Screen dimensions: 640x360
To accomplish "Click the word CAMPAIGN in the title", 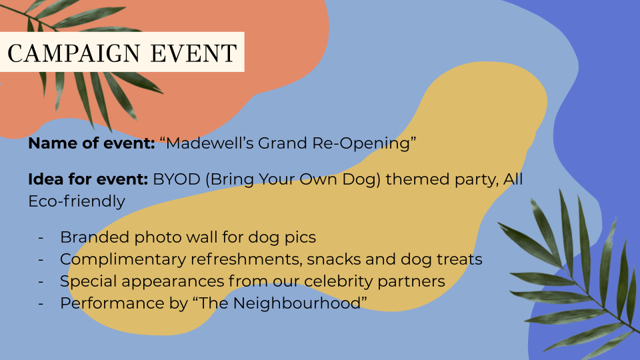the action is coord(74,53).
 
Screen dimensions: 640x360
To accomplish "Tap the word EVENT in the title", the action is coord(194,53).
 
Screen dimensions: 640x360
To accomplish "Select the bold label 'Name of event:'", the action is coord(91,143).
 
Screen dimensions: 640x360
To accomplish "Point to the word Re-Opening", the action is coord(361,144).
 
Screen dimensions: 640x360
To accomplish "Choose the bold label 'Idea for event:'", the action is coord(88,179).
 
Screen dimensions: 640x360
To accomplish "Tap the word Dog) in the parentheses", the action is coord(361,179).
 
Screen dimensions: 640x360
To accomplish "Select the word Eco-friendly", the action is coord(77,201).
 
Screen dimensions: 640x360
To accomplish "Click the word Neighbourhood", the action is coord(297,303).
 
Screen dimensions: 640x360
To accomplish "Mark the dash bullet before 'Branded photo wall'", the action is coord(41,237).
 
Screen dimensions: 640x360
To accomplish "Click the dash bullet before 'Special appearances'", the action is coord(41,281).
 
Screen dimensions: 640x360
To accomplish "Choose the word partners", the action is coord(411,281).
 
